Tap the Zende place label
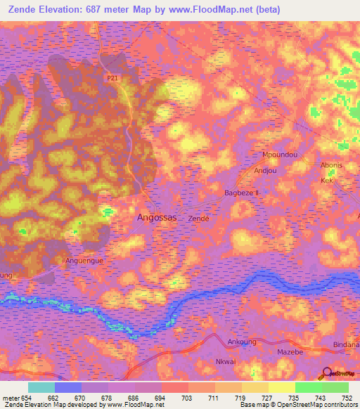point(199,219)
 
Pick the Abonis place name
point(332,166)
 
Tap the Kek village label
point(326,181)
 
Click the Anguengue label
point(84,260)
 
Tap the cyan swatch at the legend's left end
point(41,387)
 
